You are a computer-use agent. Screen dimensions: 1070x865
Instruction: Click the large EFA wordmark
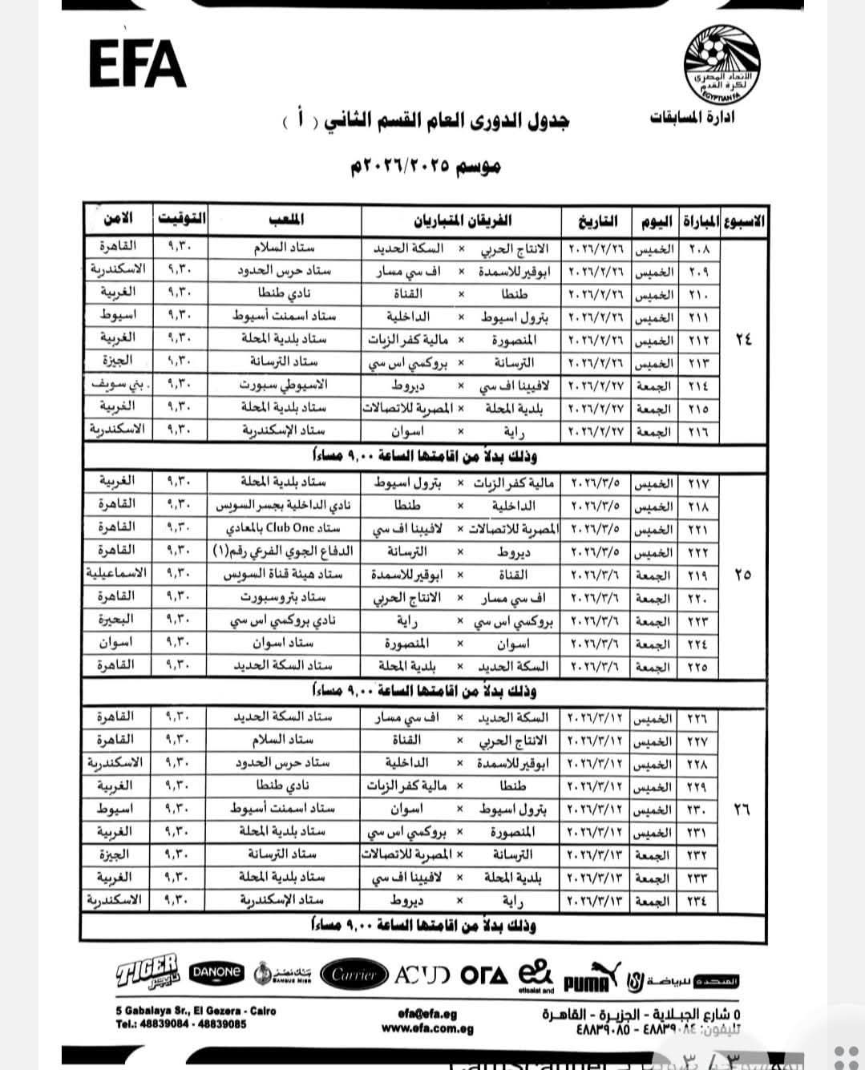[138, 63]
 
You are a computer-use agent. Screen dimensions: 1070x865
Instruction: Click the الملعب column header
[285, 219]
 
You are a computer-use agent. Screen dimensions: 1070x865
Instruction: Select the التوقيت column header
[182, 219]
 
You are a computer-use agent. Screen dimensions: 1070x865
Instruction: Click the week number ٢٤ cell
[743, 339]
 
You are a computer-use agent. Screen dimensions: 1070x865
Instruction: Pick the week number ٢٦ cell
[742, 810]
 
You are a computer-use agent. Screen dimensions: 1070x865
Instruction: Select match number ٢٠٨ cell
[699, 249]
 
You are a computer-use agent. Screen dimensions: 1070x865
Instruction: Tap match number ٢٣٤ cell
[699, 901]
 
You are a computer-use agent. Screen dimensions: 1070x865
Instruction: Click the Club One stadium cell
[285, 528]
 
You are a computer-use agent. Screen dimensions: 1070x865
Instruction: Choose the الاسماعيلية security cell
[117, 574]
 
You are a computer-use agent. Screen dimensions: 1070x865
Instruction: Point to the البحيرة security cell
[117, 620]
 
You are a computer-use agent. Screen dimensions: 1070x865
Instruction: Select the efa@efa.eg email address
[426, 1012]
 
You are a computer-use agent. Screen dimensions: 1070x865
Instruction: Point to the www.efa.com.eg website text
[426, 1028]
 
